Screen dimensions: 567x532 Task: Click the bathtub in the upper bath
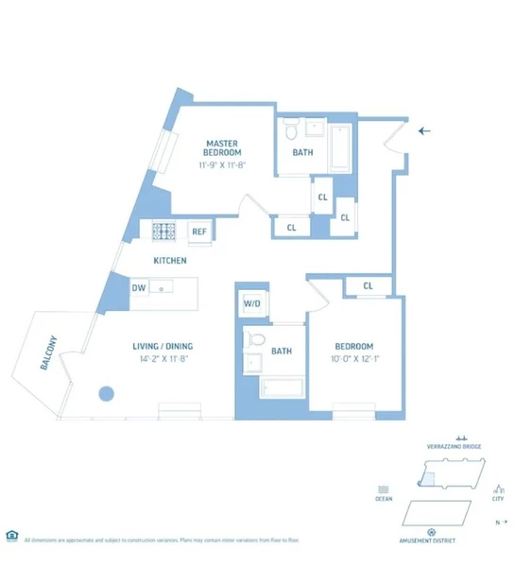pos(340,147)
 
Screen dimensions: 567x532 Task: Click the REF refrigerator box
pos(199,232)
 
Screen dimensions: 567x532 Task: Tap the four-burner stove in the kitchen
pos(165,231)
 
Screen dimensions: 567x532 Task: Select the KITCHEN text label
pos(171,260)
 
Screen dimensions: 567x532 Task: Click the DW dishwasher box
pos(138,288)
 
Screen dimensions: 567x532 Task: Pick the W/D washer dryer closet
pos(252,303)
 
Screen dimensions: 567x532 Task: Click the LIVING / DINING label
pos(163,346)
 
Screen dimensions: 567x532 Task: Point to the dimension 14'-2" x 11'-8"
pos(163,359)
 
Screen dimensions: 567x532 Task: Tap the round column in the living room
pos(107,394)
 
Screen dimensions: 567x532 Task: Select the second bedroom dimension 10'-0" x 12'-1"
pos(354,359)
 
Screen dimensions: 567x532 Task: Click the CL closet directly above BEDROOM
pos(368,285)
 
